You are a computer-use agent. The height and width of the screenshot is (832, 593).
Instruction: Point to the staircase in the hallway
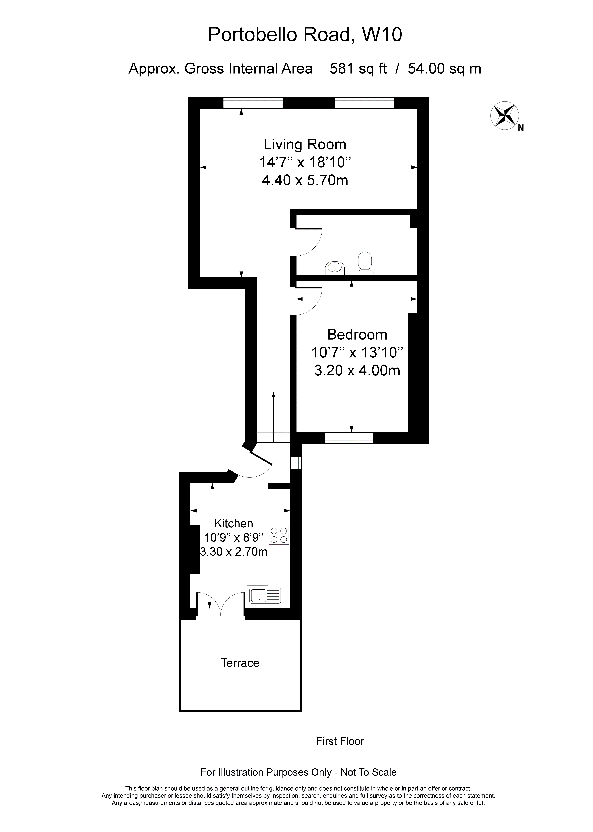[273, 417]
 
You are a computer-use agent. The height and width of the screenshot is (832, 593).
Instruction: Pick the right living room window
[364, 103]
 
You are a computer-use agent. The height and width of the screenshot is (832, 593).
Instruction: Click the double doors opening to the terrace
[221, 605]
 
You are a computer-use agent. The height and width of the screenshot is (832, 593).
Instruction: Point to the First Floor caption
[340, 741]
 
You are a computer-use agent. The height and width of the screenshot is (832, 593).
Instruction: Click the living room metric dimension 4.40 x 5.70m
[305, 180]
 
